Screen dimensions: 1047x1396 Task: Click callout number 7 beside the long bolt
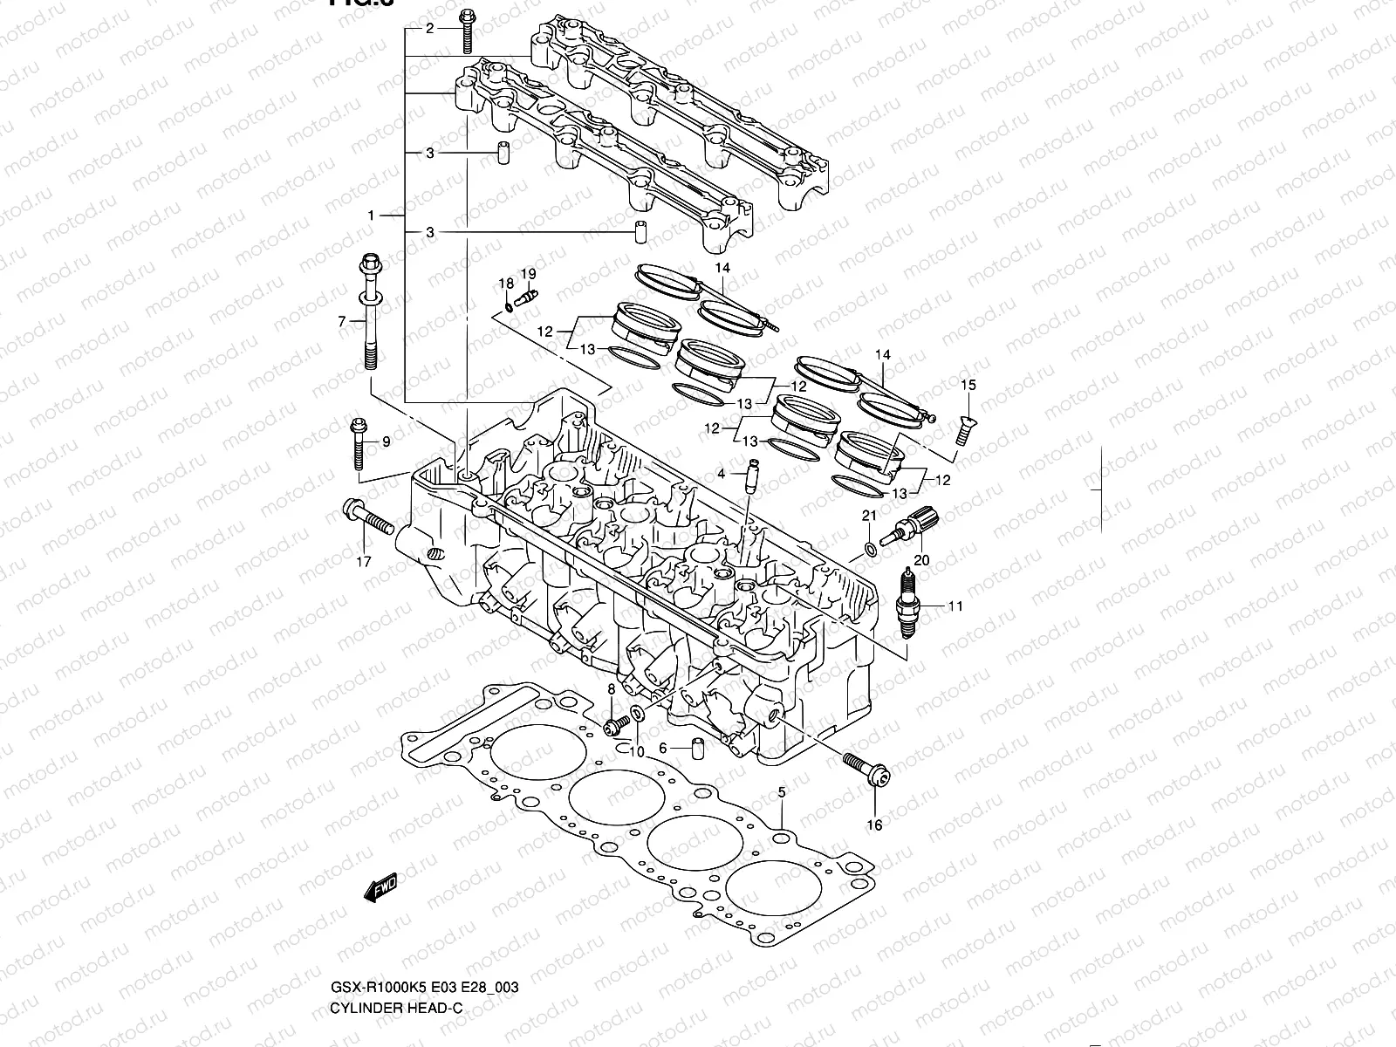pyautogui.click(x=342, y=323)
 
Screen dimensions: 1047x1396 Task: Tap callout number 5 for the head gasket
pyautogui.click(x=782, y=792)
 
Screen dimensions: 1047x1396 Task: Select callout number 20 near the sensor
pyautogui.click(x=921, y=559)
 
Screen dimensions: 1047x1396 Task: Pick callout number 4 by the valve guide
pyautogui.click(x=722, y=474)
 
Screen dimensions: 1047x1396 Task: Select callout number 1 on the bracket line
pyautogui.click(x=371, y=216)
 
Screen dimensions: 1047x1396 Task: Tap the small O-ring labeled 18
pyautogui.click(x=509, y=306)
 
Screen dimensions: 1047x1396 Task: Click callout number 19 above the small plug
pyautogui.click(x=528, y=274)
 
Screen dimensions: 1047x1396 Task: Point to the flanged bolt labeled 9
pyautogui.click(x=359, y=445)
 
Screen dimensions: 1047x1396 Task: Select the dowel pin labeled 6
pyautogui.click(x=698, y=748)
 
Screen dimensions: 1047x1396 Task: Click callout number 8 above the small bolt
pyautogui.click(x=611, y=689)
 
